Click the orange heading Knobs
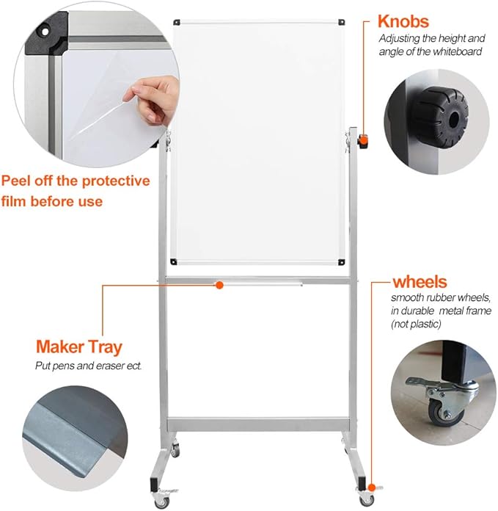click(x=403, y=21)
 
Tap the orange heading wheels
click(x=420, y=282)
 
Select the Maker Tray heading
click(x=79, y=347)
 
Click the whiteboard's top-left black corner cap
click(x=175, y=23)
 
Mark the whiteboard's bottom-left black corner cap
click(x=175, y=261)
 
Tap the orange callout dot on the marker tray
click(x=218, y=284)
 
